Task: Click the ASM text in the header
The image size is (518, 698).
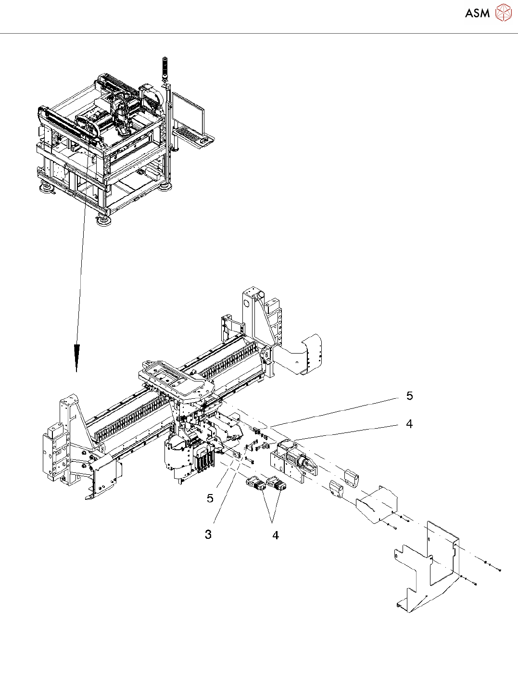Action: (x=477, y=13)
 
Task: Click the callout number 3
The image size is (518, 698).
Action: (x=208, y=534)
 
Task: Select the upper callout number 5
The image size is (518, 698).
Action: (x=409, y=396)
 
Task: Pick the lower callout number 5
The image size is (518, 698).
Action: (x=210, y=498)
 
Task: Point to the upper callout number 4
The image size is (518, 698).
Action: (x=409, y=424)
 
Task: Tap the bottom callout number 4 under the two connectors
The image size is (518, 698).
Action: (x=275, y=535)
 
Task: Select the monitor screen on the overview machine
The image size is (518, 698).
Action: (x=189, y=110)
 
